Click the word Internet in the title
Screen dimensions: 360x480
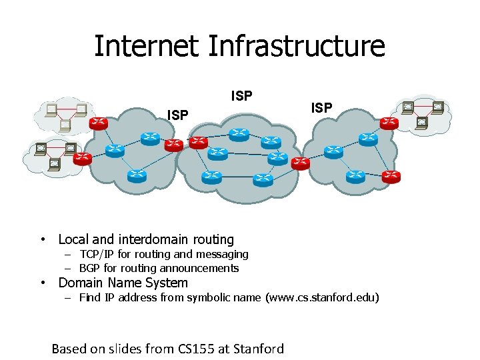[x=147, y=47]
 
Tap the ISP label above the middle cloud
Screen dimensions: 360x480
[x=241, y=96]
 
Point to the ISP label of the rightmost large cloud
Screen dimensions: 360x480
[x=321, y=107]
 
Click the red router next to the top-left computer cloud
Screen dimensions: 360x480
[x=99, y=123]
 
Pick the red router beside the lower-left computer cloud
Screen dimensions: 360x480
[x=82, y=159]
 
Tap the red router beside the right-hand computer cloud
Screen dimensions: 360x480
[x=389, y=123]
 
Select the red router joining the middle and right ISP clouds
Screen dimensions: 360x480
[x=301, y=163]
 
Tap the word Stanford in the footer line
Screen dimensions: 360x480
[x=259, y=349]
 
